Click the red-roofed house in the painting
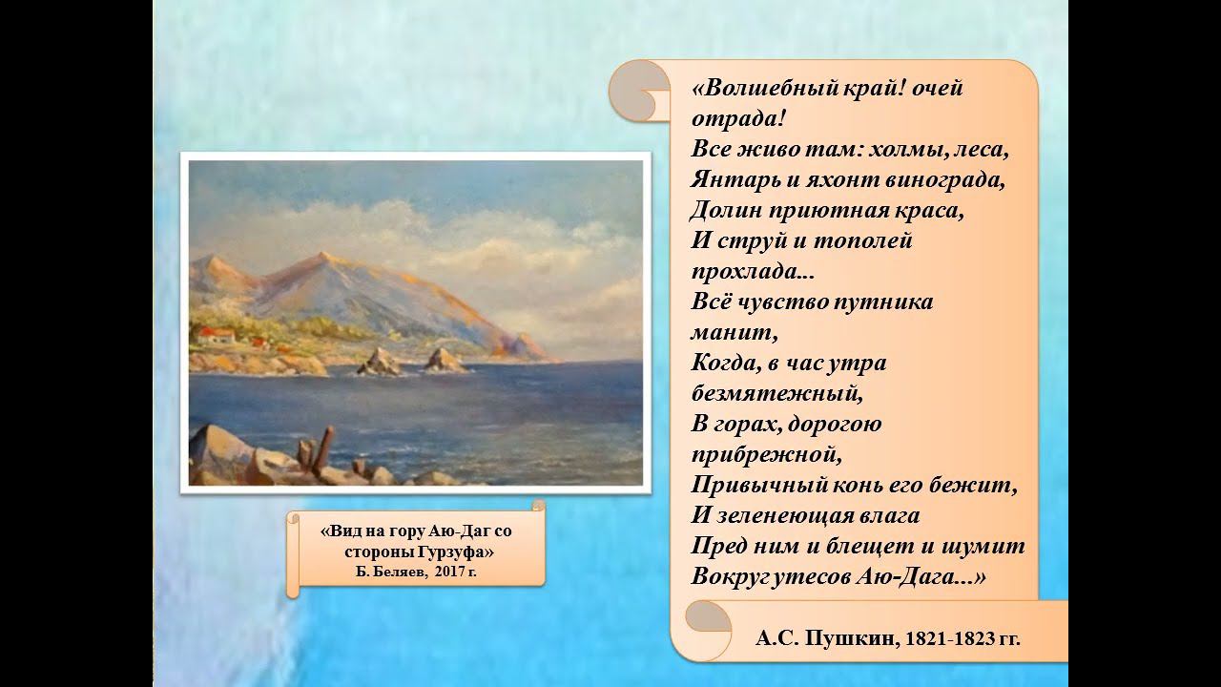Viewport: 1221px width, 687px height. tap(216, 335)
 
